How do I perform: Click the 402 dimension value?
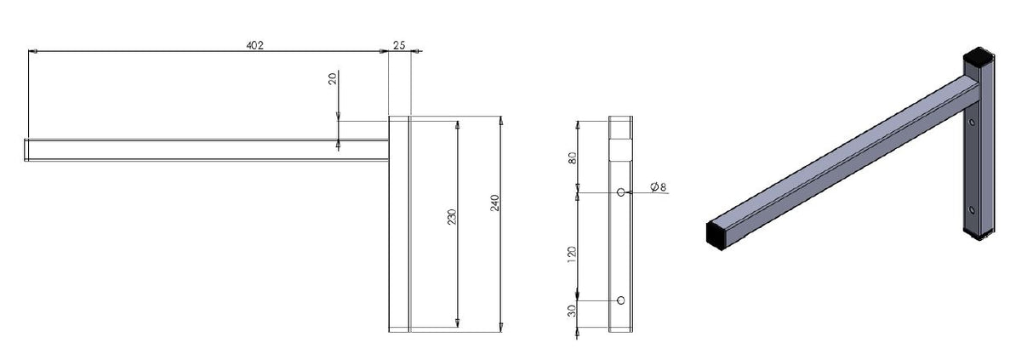[253, 45]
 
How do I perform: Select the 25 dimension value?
[400, 45]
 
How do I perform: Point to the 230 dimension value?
[451, 219]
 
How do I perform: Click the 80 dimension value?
[572, 158]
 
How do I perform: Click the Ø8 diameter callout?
[657, 187]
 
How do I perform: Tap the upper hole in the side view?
[621, 193]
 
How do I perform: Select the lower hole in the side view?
[621, 300]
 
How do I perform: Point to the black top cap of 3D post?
[976, 60]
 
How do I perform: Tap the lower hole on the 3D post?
[971, 208]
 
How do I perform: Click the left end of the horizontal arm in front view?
[27, 150]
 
